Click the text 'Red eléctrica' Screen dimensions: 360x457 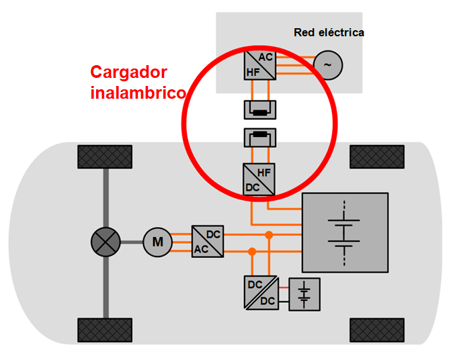click(329, 32)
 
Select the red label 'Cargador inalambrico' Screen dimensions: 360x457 click(138, 83)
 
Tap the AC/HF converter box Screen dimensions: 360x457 click(259, 65)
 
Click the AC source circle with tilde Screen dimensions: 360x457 click(328, 65)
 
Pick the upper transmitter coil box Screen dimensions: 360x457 click(259, 109)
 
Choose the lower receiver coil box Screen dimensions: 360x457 click(259, 138)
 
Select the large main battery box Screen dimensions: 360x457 click(345, 232)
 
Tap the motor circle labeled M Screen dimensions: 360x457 click(157, 242)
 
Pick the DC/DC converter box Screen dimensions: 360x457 click(261, 293)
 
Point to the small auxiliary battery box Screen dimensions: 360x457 click(305, 294)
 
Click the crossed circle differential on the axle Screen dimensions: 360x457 click(106, 242)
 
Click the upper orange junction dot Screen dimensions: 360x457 click(269, 235)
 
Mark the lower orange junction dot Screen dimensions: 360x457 click(252, 251)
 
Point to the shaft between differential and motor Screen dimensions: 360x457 click(131, 242)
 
